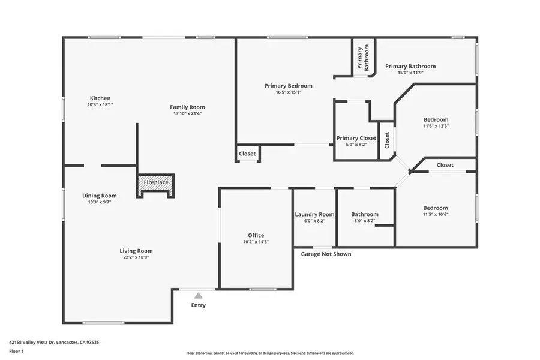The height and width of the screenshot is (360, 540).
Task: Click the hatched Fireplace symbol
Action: pos(155,182)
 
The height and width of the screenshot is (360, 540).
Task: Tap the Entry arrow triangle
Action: pos(198,295)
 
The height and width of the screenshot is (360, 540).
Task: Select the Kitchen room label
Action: pos(100,98)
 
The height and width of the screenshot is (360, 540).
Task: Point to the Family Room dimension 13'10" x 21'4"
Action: pos(187,113)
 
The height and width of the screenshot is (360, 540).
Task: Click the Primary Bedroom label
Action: pos(288,86)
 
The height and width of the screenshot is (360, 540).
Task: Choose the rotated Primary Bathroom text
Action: pos(364,59)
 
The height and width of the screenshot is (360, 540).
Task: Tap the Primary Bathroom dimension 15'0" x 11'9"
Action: pos(410,73)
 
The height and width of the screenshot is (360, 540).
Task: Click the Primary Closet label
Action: pos(356,138)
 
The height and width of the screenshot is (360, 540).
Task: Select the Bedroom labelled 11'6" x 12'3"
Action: pos(436,119)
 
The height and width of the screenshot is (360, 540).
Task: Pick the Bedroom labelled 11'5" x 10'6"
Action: pos(436,208)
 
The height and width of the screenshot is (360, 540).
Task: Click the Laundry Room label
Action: pos(314,214)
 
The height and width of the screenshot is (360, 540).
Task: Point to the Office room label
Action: pos(256,235)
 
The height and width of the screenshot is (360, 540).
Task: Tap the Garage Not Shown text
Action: pos(326,254)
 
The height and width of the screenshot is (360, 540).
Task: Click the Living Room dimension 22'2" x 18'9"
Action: pos(136,257)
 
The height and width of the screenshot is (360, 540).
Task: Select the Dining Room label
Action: pos(100,196)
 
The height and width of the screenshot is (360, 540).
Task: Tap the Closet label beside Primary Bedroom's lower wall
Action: pos(247,154)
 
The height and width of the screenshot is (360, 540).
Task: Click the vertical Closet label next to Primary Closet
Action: pos(387,140)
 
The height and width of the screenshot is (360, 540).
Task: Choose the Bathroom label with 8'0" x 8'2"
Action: pos(365,214)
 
